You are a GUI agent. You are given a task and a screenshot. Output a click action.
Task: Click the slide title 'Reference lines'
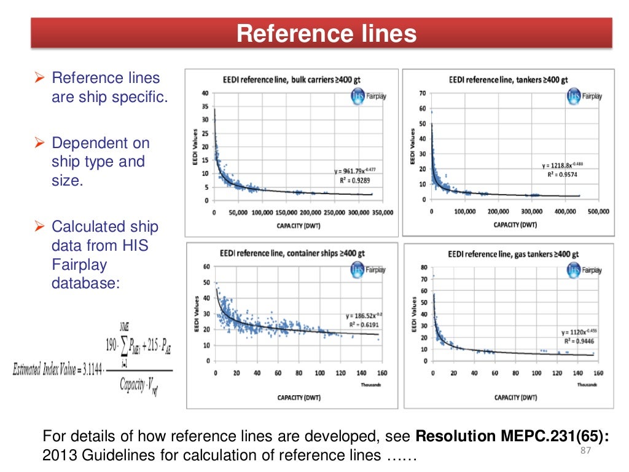pyautogui.click(x=326, y=33)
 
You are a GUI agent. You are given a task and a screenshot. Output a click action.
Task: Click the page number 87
pyautogui.click(x=585, y=452)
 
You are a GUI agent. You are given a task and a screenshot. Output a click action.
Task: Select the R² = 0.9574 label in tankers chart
pyautogui.click(x=562, y=174)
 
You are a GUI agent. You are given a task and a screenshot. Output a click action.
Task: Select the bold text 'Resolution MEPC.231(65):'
pyautogui.click(x=513, y=436)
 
